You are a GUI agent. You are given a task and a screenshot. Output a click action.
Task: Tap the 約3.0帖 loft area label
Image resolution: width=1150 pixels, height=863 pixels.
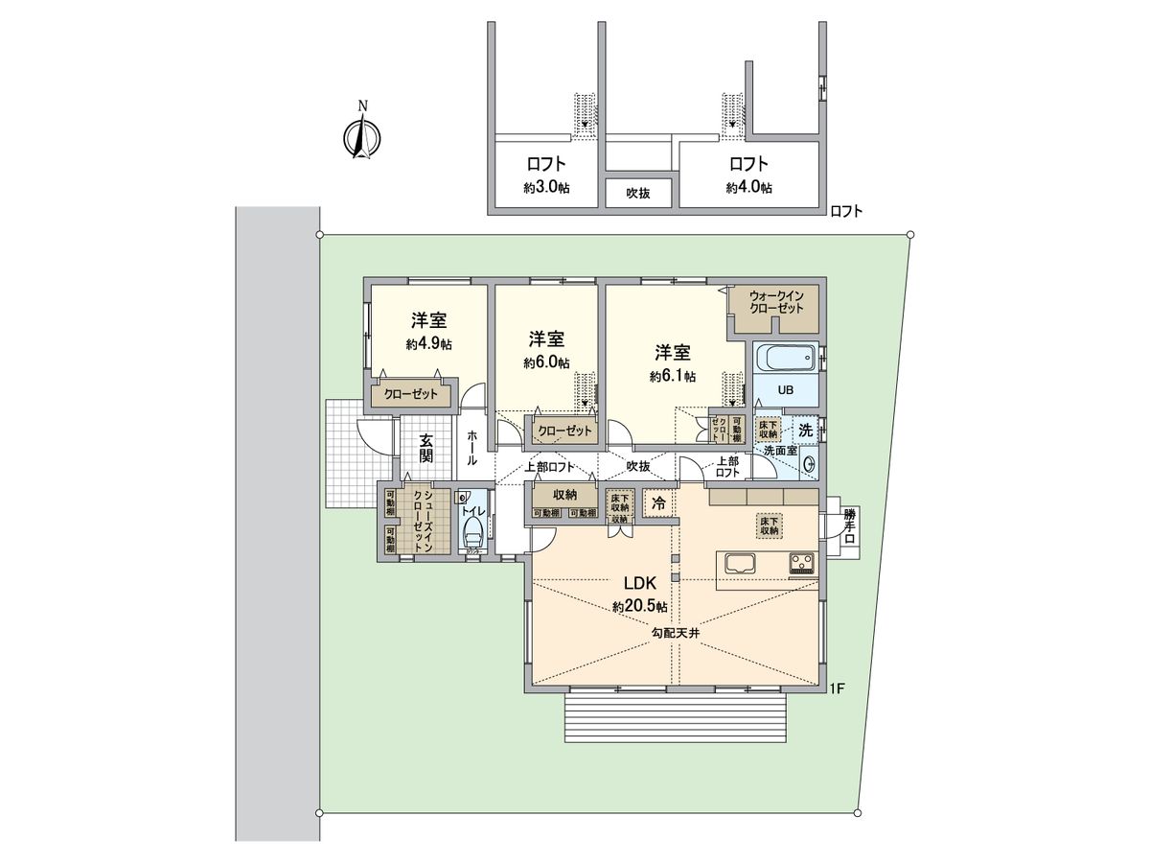[x=546, y=188]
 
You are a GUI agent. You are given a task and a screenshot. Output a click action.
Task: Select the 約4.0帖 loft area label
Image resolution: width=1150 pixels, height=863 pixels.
[x=749, y=188]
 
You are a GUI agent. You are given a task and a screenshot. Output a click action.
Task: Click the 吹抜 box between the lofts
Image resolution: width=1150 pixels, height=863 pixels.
[x=639, y=193]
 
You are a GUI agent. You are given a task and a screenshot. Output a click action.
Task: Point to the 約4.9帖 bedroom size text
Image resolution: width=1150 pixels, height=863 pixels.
[x=428, y=343]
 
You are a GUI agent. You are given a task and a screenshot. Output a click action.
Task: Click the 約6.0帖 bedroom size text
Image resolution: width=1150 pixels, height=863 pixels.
[x=546, y=362]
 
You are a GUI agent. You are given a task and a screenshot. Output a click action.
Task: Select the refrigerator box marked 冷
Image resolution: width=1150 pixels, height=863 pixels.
[x=658, y=503]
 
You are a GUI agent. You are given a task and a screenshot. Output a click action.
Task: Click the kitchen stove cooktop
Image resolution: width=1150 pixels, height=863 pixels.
[x=801, y=564]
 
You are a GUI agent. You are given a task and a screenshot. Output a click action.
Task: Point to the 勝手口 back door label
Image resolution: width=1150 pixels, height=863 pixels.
[x=849, y=526]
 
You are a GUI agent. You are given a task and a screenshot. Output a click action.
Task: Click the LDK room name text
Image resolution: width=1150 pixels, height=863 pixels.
[x=640, y=584]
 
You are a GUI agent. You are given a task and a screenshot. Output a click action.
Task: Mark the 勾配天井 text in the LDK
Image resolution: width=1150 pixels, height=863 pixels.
[x=676, y=633]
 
